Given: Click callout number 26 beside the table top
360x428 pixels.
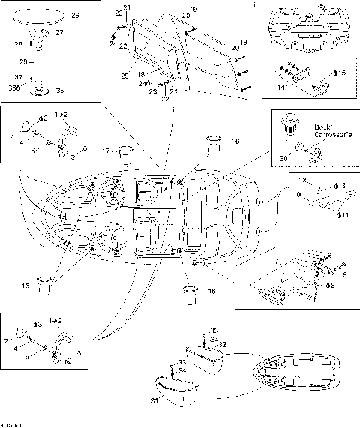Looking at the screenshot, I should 74,14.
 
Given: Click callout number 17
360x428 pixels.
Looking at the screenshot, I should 106,151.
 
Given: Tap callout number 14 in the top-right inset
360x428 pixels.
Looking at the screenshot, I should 282,88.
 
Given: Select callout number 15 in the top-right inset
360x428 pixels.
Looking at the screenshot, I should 341,73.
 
